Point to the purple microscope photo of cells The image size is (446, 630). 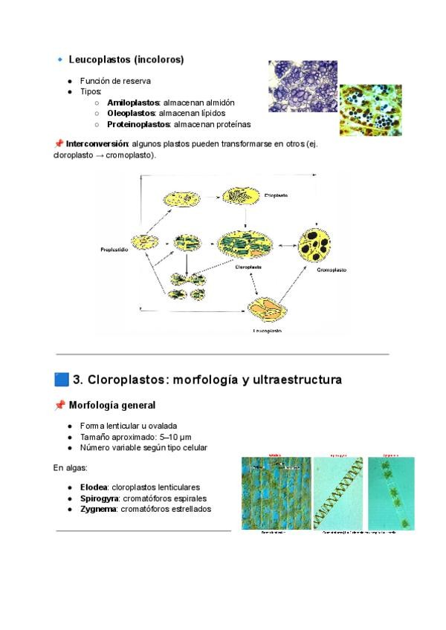pyautogui.click(x=303, y=86)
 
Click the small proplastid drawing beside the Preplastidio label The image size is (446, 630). pyautogui.click(x=144, y=241)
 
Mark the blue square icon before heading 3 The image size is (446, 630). pyautogui.click(x=62, y=380)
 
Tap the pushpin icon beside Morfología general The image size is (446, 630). pyautogui.click(x=59, y=406)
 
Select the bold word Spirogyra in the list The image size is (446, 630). pyautogui.click(x=100, y=498)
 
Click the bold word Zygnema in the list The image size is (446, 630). pyautogui.click(x=98, y=509)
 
